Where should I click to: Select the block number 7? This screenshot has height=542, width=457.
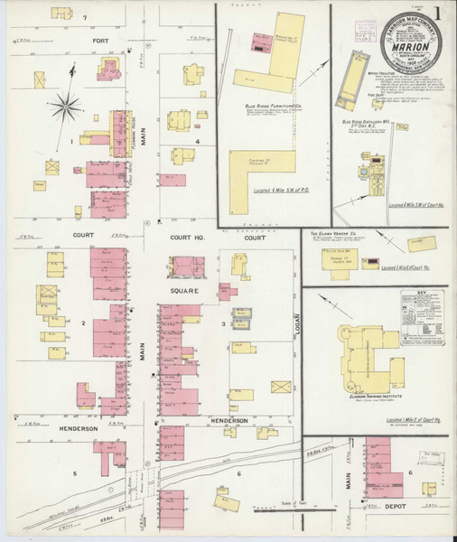(85, 18)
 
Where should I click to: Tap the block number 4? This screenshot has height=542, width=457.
(196, 141)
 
